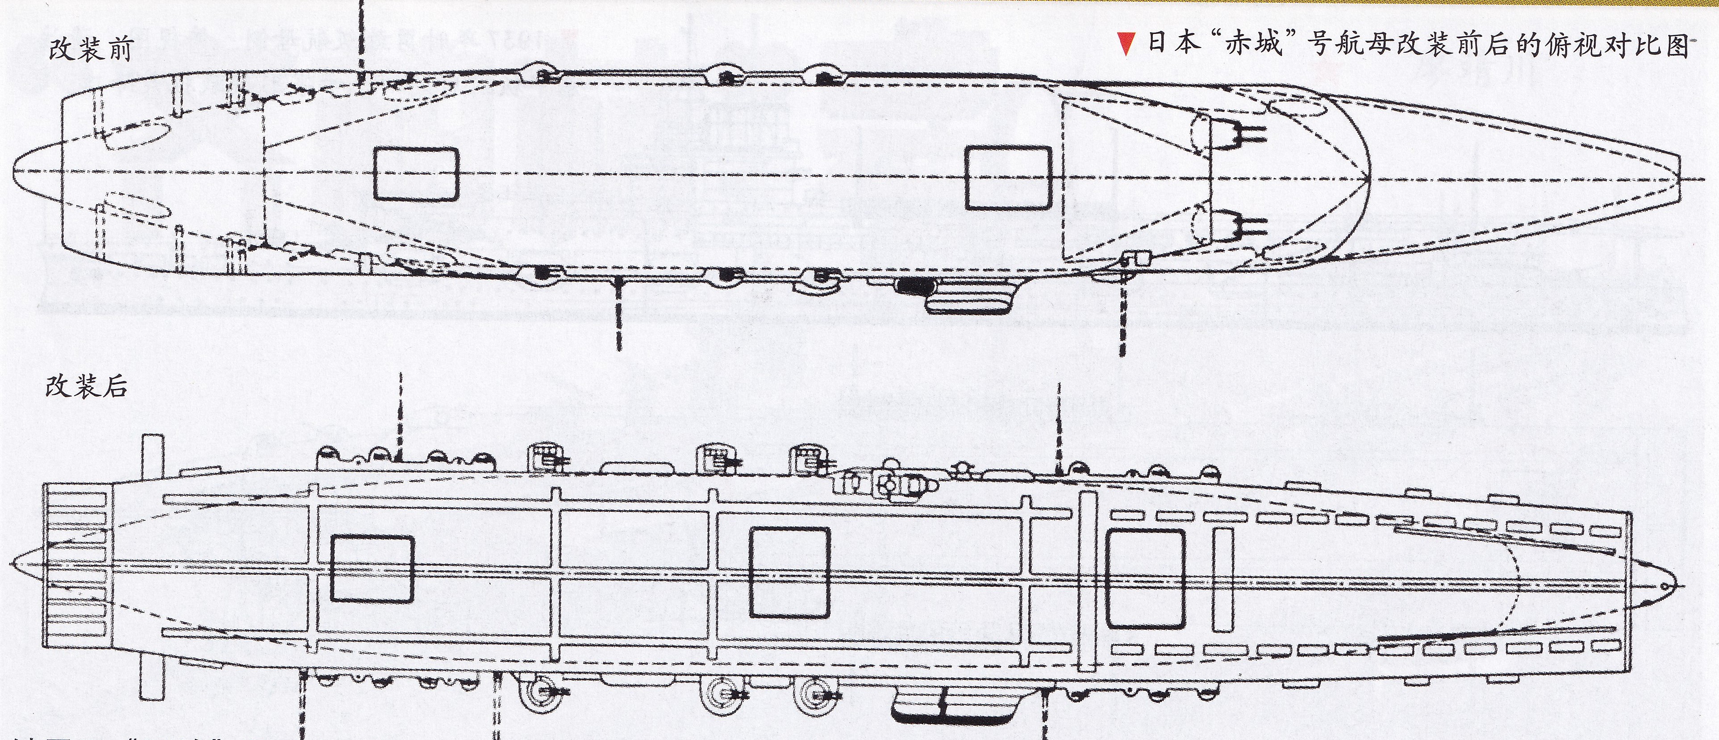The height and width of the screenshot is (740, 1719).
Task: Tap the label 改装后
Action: [86, 386]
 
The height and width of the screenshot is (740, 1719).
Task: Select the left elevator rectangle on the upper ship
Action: [415, 173]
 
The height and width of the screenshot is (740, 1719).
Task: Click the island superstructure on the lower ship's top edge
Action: [888, 485]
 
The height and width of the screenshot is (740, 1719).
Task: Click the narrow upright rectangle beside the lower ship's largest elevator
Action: [1224, 579]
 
